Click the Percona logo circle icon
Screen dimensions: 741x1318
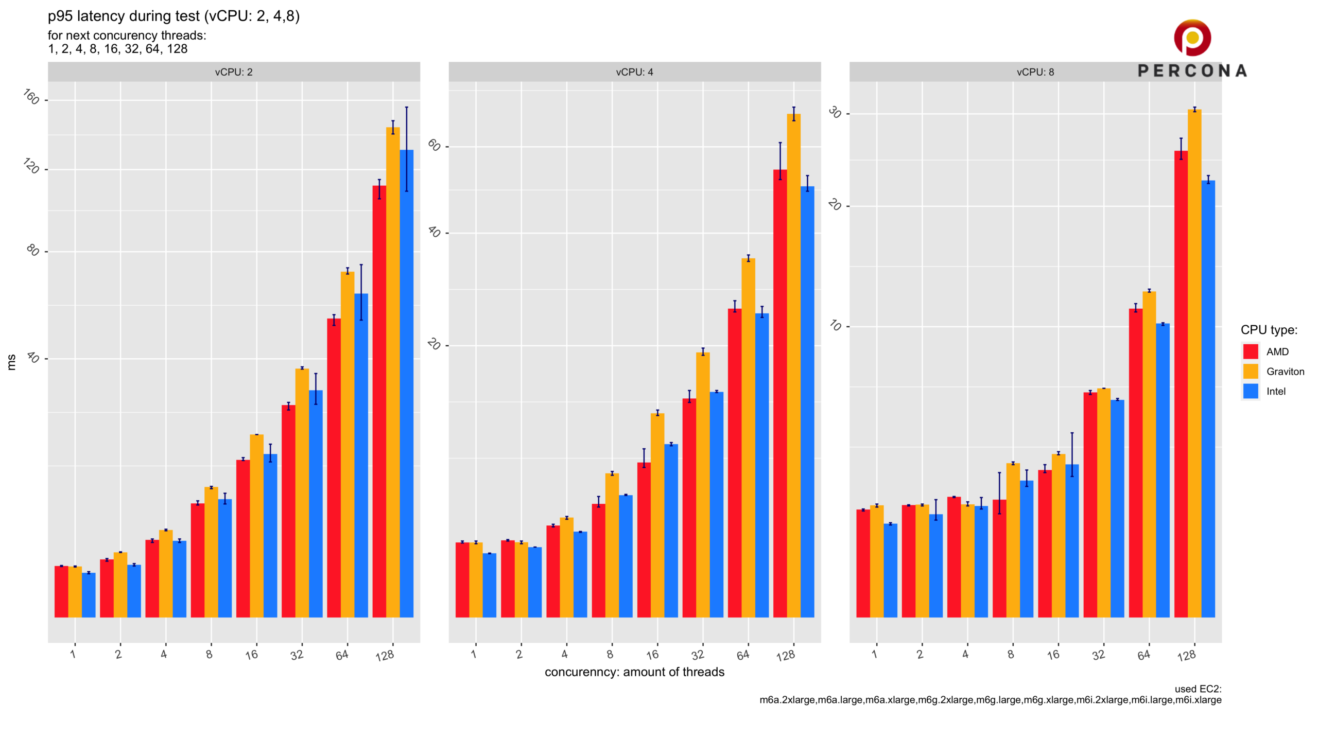pyautogui.click(x=1192, y=38)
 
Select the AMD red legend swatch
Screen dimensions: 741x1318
pyautogui.click(x=1251, y=351)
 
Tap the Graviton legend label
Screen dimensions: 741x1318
pyautogui.click(x=1285, y=372)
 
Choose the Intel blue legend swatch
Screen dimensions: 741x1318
pyautogui.click(x=1251, y=391)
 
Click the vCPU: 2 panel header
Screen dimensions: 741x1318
pyautogui.click(x=234, y=72)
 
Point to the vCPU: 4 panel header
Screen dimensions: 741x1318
pyautogui.click(x=634, y=72)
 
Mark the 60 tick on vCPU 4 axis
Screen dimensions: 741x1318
pyautogui.click(x=435, y=146)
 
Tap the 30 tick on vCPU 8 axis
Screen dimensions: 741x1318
pyautogui.click(x=835, y=112)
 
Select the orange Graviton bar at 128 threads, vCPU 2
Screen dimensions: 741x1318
pyautogui.click(x=393, y=370)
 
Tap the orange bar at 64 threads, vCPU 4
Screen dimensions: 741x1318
pyautogui.click(x=748, y=437)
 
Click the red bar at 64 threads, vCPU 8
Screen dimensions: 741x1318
pyautogui.click(x=1135, y=463)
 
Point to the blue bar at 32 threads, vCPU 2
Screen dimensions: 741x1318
pyautogui.click(x=316, y=504)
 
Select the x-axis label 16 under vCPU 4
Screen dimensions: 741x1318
pyautogui.click(x=653, y=655)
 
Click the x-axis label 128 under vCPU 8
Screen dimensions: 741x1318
pyautogui.click(x=1187, y=656)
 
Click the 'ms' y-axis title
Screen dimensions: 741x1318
pyautogui.click(x=11, y=362)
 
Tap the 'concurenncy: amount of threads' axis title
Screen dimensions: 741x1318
pyautogui.click(x=634, y=672)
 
